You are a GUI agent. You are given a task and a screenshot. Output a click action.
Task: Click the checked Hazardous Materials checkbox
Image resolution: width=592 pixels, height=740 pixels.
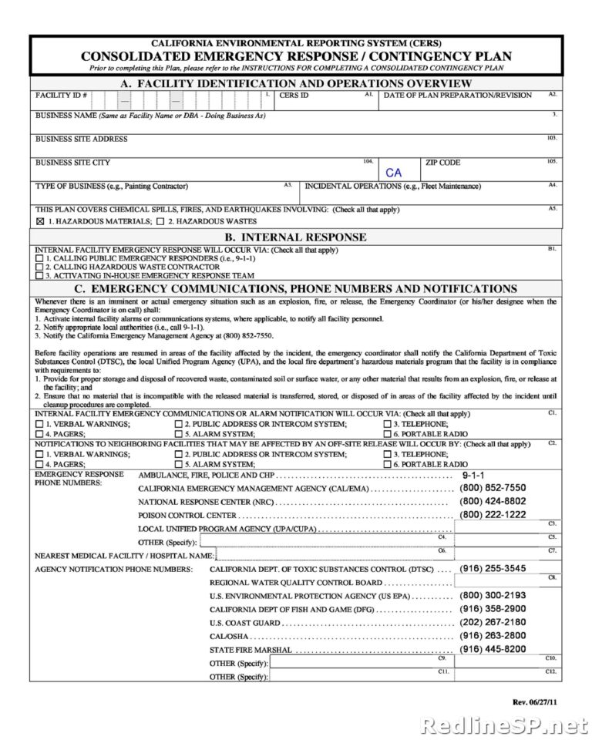40,221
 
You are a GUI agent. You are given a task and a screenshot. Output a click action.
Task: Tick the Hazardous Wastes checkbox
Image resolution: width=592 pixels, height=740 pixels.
160,221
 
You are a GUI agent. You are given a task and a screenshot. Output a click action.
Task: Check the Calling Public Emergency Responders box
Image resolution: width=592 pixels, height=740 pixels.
39,258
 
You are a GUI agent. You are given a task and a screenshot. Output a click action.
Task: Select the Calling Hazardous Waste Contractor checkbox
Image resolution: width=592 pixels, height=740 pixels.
39,266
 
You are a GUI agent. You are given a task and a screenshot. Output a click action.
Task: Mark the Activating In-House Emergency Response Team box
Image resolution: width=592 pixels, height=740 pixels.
39,274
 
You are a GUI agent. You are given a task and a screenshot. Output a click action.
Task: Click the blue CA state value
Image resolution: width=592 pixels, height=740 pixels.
393,173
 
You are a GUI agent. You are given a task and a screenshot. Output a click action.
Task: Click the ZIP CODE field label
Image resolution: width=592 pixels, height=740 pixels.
442,163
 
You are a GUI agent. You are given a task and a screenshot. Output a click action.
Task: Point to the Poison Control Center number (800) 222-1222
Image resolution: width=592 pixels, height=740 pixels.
493,514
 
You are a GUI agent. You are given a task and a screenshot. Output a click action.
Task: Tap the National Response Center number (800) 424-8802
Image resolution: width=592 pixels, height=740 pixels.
493,501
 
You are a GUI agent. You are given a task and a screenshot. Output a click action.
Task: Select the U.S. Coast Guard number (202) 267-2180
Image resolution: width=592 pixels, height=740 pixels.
493,622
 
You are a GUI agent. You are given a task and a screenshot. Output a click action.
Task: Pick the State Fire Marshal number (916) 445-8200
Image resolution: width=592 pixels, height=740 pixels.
493,649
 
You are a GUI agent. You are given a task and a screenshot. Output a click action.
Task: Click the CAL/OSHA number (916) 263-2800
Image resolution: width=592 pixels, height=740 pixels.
493,635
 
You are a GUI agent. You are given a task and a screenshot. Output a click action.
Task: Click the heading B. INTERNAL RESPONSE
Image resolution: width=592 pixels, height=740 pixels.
295,237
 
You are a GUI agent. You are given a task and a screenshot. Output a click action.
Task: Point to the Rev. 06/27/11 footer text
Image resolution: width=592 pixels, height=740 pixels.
535,701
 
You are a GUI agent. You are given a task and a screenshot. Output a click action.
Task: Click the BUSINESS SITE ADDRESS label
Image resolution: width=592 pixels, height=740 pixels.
82,140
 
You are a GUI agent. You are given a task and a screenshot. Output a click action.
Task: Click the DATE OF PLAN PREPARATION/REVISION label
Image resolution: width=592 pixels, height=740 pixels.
458,96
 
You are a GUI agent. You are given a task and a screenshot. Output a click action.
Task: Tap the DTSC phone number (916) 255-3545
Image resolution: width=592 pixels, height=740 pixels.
493,568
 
